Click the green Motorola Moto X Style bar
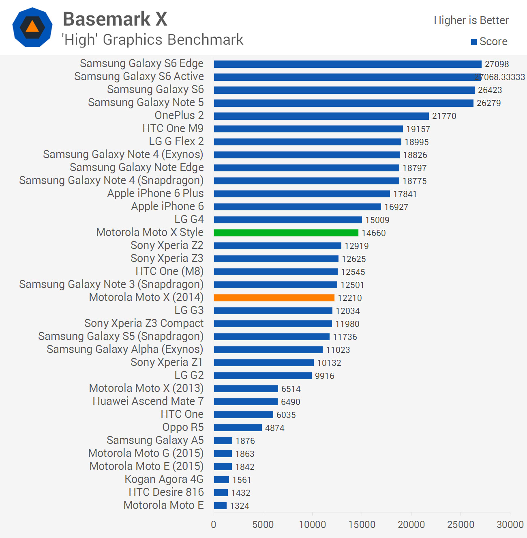pyautogui.click(x=286, y=233)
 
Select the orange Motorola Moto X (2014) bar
pyautogui.click(x=274, y=298)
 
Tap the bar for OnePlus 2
pyautogui.click(x=321, y=116)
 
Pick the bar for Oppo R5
pyautogui.click(x=238, y=428)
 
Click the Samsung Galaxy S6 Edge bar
pyautogui.click(x=348, y=64)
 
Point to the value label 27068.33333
pyautogui.click(x=500, y=77)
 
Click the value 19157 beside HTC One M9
pyautogui.click(x=418, y=129)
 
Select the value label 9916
pyautogui.click(x=325, y=376)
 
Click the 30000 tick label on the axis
pyautogui.click(x=510, y=525)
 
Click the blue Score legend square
pyautogui.click(x=474, y=42)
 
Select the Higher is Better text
pyautogui.click(x=471, y=20)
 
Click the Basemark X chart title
pyautogui.click(x=115, y=19)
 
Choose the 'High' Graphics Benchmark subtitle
pyautogui.click(x=152, y=40)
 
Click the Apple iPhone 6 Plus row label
pyautogui.click(x=156, y=193)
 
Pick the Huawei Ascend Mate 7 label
pyautogui.click(x=148, y=401)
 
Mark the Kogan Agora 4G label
pyautogui.click(x=164, y=479)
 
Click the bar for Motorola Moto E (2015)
pyautogui.click(x=223, y=467)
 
